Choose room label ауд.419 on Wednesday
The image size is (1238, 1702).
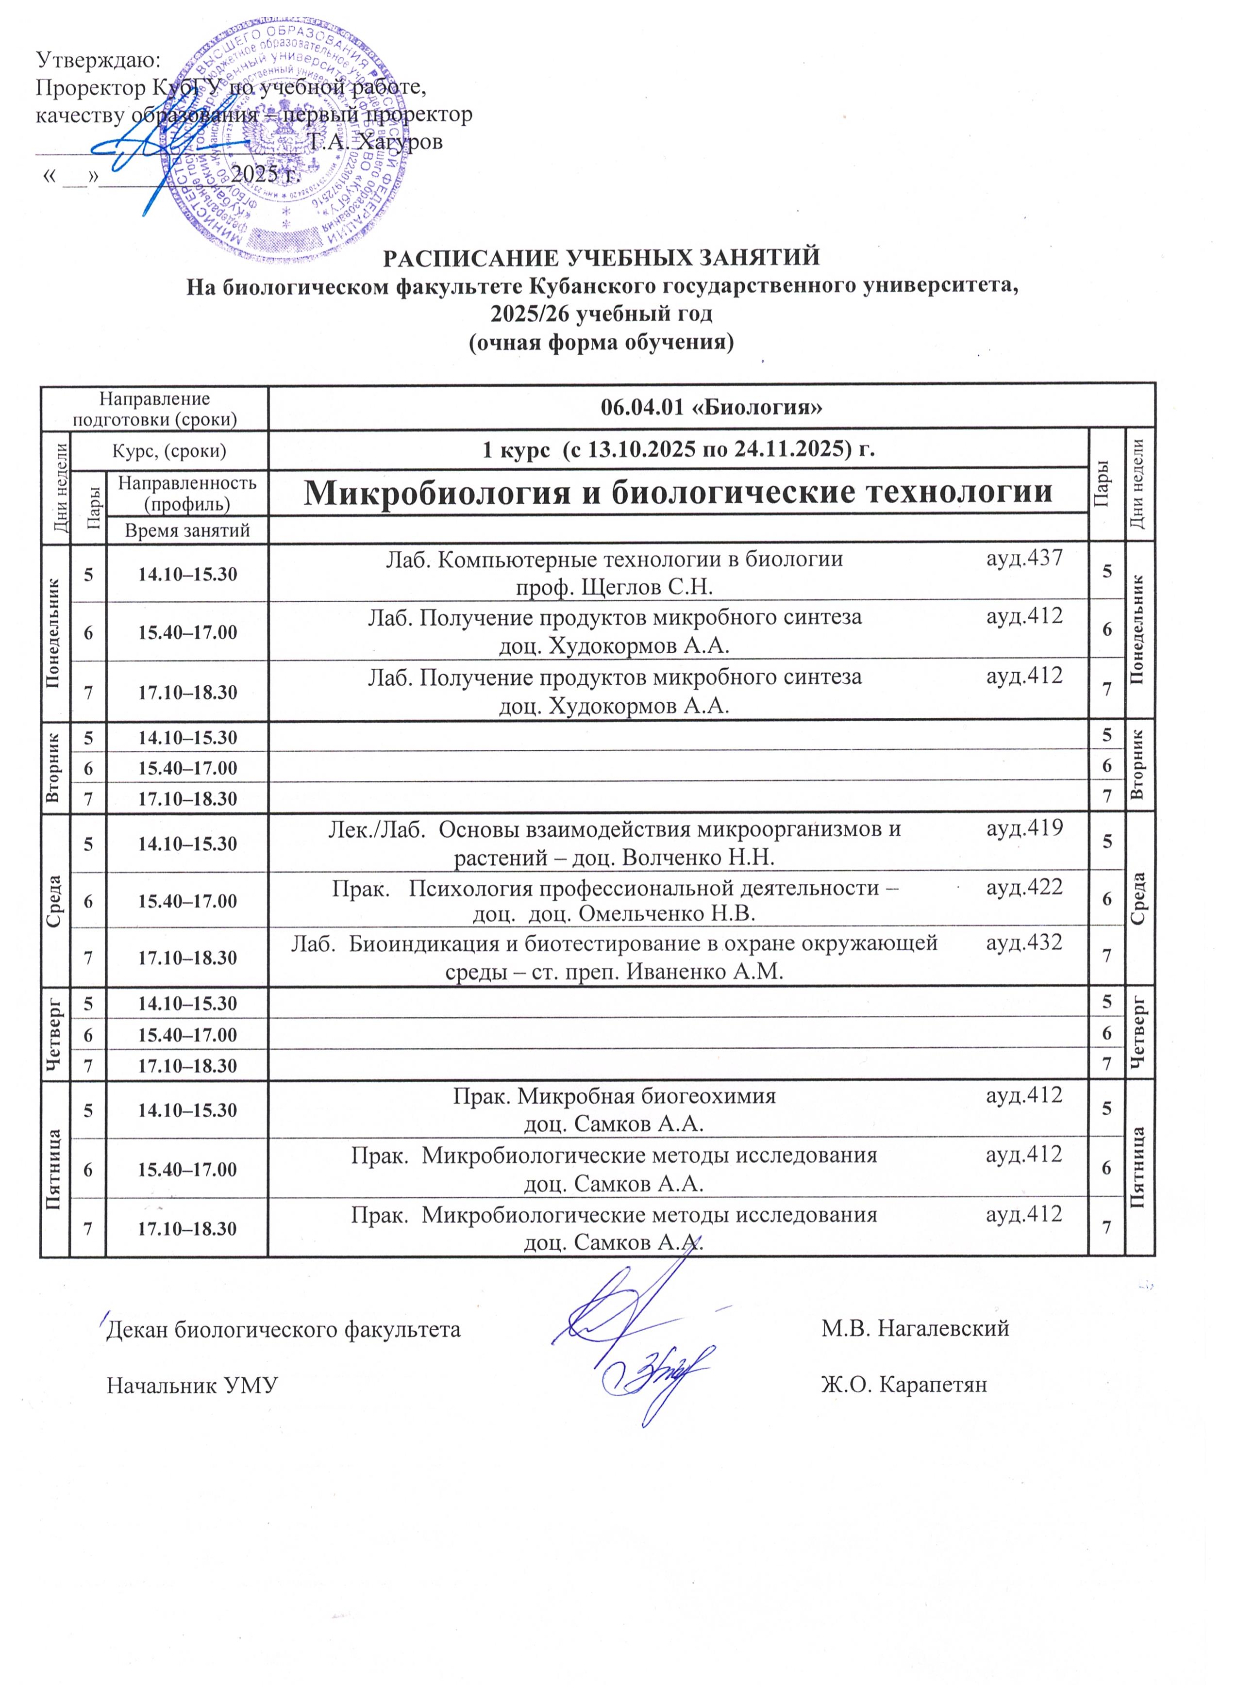[1024, 828]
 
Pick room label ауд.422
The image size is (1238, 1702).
[1024, 887]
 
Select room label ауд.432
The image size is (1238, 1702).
[1024, 942]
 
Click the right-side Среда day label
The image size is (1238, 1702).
[1139, 899]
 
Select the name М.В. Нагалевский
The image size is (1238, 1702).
[915, 1329]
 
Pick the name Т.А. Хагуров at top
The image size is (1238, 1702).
[375, 141]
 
